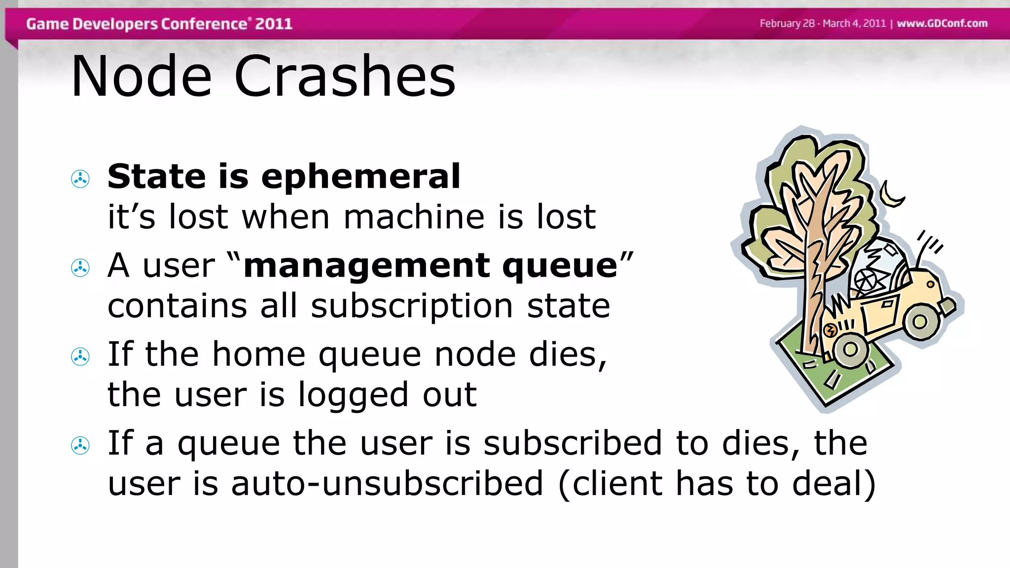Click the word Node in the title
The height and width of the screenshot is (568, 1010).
point(141,76)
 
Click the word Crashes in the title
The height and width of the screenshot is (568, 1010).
point(345,76)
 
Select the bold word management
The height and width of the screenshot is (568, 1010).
point(366,266)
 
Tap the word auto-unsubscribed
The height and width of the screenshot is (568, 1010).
point(387,483)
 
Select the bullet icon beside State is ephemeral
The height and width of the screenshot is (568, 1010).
point(80,179)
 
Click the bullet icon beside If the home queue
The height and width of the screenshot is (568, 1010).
point(80,356)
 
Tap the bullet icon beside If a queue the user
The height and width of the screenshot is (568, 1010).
point(80,446)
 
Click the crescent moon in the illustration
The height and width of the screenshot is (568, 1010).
point(891,195)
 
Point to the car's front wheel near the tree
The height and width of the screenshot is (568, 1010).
point(850,349)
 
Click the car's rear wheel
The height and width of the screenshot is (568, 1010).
point(920,321)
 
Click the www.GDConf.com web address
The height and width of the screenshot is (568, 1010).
point(942,23)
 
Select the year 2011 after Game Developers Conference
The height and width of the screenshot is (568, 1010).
point(274,24)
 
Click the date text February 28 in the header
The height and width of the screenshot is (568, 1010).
point(787,23)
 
